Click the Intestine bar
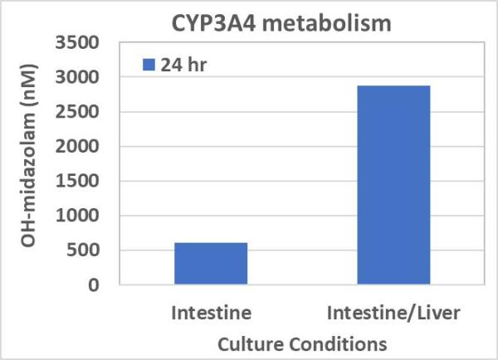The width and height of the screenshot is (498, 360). click(211, 264)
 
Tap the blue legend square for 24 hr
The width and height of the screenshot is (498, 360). click(149, 64)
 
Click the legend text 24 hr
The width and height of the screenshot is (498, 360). click(182, 64)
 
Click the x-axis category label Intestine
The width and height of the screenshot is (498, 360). click(211, 314)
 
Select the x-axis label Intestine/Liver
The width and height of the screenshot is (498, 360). click(393, 314)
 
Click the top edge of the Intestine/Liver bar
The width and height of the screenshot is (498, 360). click(393, 86)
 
